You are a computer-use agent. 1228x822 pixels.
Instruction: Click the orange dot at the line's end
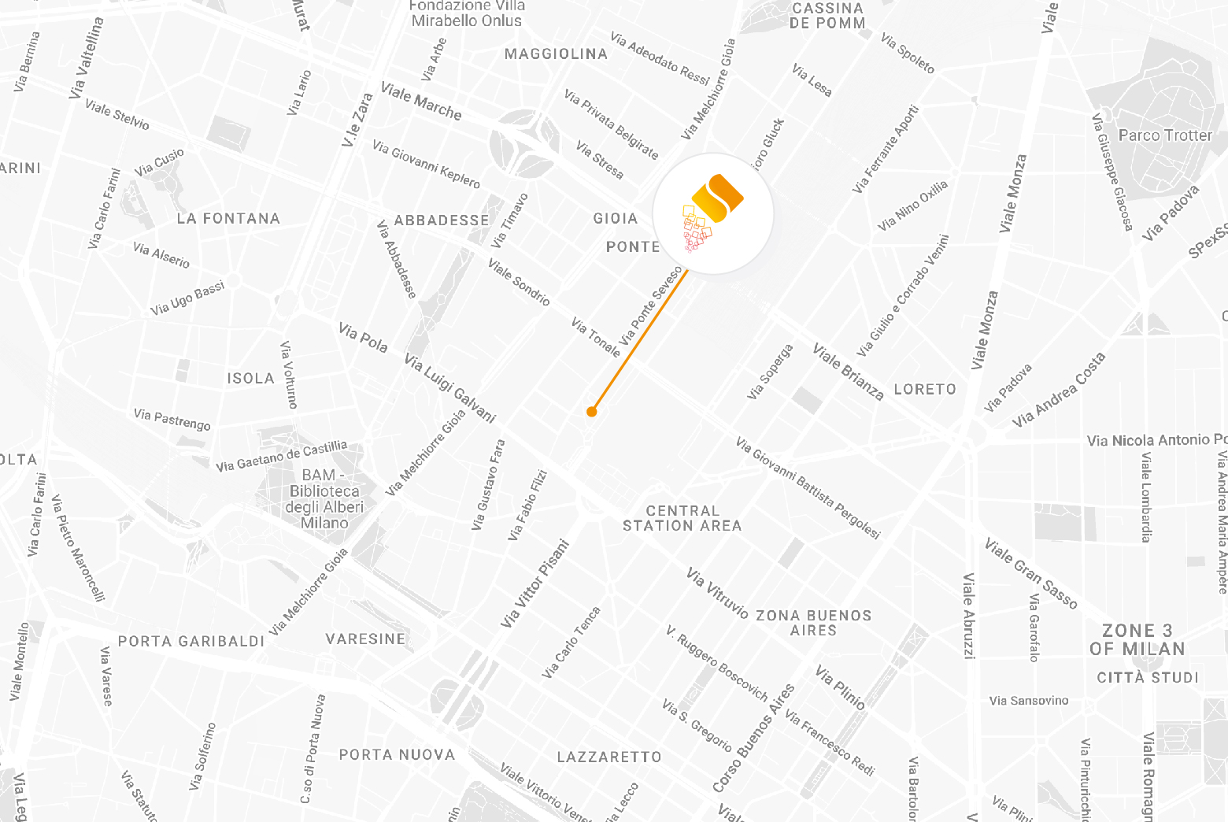(x=592, y=411)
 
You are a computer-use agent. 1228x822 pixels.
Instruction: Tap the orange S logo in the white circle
(x=713, y=213)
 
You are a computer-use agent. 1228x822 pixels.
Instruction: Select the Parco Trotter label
(x=1165, y=135)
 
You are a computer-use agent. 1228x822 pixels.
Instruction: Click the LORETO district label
(x=925, y=389)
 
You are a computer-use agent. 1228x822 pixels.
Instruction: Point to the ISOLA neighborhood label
(x=251, y=379)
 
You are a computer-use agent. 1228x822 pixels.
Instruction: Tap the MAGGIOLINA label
(x=556, y=54)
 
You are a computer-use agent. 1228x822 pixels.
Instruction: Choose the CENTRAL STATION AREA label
(x=682, y=518)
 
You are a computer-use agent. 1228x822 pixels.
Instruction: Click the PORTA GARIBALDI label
(x=191, y=642)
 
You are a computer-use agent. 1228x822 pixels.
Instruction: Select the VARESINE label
(x=366, y=639)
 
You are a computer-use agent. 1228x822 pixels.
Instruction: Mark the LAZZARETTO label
(x=609, y=757)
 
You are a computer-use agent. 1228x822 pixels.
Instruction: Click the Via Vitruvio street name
(x=716, y=592)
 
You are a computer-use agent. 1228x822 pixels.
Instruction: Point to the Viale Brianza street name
(x=848, y=372)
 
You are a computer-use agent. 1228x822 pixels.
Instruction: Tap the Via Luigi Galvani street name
(x=449, y=388)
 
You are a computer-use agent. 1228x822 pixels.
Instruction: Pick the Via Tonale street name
(x=596, y=336)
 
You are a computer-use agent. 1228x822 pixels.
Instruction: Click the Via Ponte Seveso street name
(x=650, y=306)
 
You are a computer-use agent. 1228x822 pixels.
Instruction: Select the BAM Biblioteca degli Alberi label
(x=324, y=498)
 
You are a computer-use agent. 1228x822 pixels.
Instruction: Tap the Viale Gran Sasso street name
(x=1030, y=574)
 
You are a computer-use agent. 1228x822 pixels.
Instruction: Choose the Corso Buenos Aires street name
(x=753, y=738)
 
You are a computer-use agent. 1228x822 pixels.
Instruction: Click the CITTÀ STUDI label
(x=1148, y=678)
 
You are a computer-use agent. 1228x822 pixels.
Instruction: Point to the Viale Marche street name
(x=421, y=102)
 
